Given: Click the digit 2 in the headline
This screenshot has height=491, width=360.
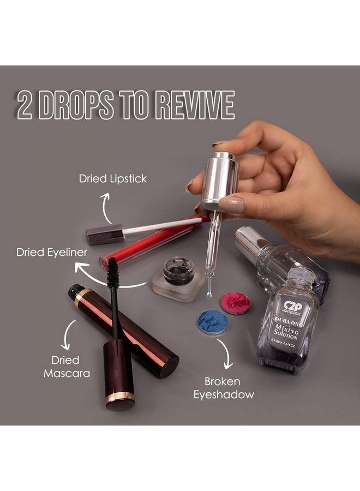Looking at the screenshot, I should pos(25,106).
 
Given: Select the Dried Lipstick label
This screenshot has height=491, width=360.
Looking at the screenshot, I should pos(113,178).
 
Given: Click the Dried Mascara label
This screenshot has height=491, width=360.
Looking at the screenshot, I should pos(65,367).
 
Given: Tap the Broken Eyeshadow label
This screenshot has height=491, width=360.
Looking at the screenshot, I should pos(224,387).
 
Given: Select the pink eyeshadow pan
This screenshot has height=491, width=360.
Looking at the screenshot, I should pos(235,303).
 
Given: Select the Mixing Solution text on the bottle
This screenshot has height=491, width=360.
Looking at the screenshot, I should pos(285,330).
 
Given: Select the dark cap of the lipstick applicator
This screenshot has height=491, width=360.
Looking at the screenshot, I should pos(105,233).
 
